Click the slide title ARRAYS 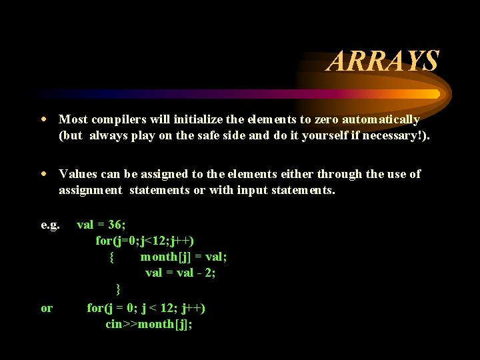pyautogui.click(x=383, y=61)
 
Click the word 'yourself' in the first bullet pyautogui.click(x=323, y=137)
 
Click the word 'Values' pyautogui.click(x=79, y=174)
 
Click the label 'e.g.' pyautogui.click(x=51, y=225)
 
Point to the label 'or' pyautogui.click(x=47, y=308)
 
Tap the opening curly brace pyautogui.click(x=112, y=257)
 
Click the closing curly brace pyautogui.click(x=118, y=289)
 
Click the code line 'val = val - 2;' pyautogui.click(x=181, y=273)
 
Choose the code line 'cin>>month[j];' pyautogui.click(x=149, y=325)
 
